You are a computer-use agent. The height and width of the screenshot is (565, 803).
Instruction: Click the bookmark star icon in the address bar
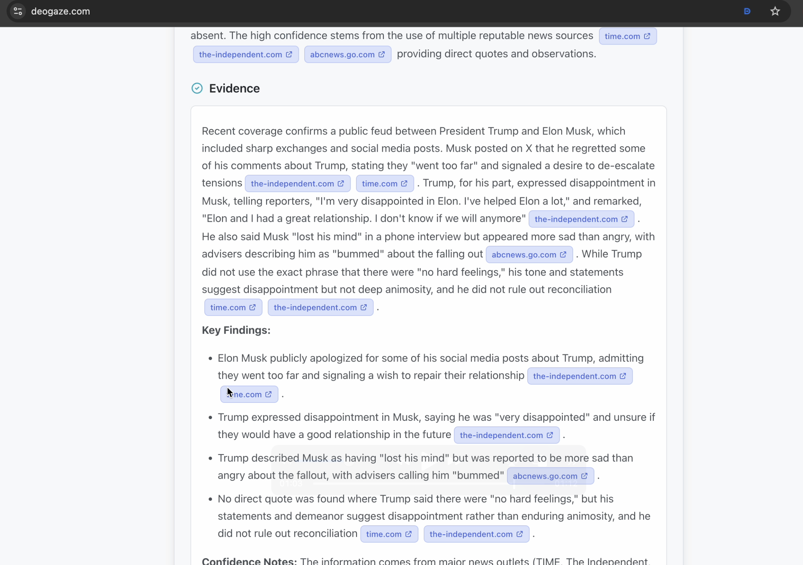tap(775, 11)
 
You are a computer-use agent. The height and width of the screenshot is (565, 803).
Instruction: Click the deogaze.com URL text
tap(61, 11)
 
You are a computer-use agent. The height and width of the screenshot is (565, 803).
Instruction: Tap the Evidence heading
tap(234, 88)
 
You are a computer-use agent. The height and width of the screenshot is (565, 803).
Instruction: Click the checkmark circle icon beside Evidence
tap(197, 88)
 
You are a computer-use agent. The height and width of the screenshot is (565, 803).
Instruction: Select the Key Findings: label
tap(236, 330)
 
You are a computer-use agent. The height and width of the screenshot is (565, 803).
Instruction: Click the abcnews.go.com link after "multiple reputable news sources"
tap(347, 54)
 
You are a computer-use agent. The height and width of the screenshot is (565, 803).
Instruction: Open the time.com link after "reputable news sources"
tap(628, 37)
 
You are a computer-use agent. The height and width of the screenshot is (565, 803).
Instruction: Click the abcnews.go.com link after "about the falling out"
tap(529, 255)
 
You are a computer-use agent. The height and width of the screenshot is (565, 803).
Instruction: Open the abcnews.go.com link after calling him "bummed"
tap(550, 476)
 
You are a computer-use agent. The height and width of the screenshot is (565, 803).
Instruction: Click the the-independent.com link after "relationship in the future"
tap(506, 435)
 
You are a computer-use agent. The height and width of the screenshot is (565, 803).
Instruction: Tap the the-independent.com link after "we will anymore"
tap(581, 219)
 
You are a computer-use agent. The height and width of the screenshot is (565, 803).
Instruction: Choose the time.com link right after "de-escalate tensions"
tap(384, 184)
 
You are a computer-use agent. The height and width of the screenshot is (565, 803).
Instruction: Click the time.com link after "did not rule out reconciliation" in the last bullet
tap(389, 534)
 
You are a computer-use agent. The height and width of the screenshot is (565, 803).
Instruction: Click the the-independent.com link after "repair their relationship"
tap(580, 376)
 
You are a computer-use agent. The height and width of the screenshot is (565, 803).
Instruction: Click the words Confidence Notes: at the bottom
tap(250, 561)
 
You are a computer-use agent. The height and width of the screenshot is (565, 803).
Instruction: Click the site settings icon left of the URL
tap(18, 11)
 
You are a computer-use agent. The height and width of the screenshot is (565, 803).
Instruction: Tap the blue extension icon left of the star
tap(747, 11)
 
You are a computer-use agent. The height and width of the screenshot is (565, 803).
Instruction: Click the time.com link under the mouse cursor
tap(249, 395)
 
